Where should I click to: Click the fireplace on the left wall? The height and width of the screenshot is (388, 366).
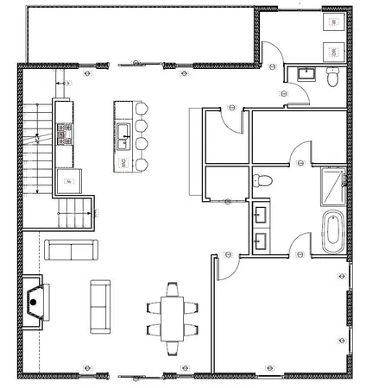[x=34, y=298]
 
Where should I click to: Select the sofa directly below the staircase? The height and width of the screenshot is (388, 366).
[x=70, y=250]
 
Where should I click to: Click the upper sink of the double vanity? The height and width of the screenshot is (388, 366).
[x=262, y=212]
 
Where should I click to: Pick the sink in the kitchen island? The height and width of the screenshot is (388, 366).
[x=123, y=132]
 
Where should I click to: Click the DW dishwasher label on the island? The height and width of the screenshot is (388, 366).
[x=123, y=161]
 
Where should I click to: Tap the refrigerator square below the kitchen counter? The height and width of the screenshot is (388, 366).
[x=67, y=182]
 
